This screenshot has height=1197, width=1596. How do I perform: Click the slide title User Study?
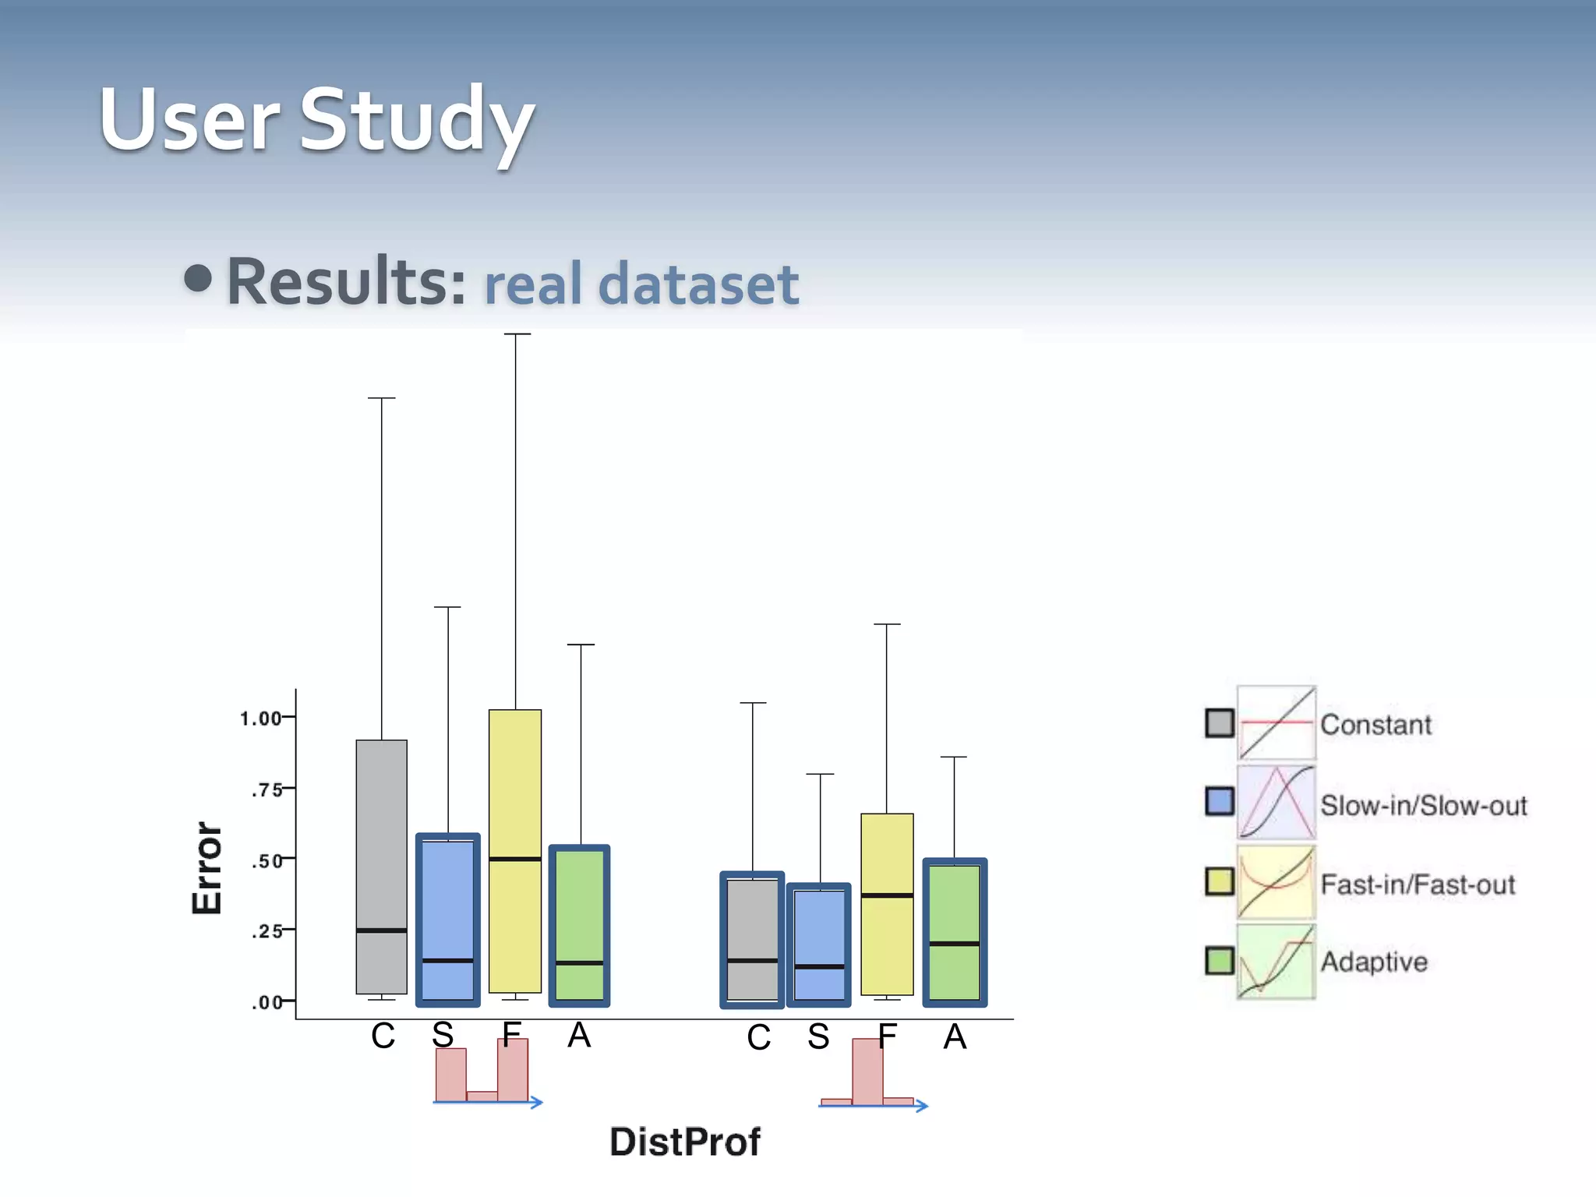316,121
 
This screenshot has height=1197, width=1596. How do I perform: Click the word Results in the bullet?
346,281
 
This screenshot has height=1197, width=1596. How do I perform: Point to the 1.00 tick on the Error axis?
261,718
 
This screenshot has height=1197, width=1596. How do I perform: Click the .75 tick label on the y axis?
267,789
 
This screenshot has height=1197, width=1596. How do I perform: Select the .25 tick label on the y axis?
267,930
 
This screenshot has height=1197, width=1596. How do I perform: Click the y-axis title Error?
207,867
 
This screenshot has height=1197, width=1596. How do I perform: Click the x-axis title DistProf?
684,1142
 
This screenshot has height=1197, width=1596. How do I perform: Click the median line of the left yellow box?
515,859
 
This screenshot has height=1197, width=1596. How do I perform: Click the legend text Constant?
1375,725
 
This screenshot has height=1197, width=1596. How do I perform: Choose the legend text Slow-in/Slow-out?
1423,805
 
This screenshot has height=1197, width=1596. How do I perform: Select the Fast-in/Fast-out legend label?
1418,885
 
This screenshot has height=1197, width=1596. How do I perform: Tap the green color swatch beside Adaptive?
1219,960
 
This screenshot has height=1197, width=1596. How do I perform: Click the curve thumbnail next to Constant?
1276,723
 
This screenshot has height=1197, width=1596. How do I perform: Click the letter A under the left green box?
579,1036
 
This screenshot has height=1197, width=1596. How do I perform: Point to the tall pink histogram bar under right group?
867,1072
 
